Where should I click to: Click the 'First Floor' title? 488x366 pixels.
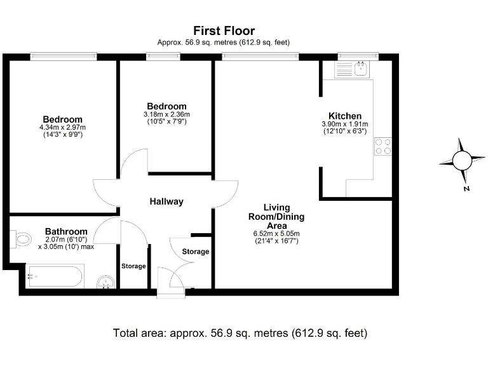click(x=224, y=30)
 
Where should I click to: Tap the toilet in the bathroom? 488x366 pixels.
click(x=21, y=240)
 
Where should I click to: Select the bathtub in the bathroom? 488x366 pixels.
click(x=55, y=276)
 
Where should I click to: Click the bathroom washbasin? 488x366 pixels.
click(x=106, y=282)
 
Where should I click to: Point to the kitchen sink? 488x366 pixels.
click(x=361, y=69)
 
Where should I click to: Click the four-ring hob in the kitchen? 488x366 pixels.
click(x=383, y=147)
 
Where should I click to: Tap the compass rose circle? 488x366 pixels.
click(x=462, y=161)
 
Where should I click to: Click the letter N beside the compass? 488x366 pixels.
click(x=466, y=189)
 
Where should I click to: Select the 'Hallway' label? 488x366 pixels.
click(x=166, y=201)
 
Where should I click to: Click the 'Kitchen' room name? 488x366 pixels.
click(x=345, y=116)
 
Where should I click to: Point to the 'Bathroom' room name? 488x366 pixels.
click(x=66, y=231)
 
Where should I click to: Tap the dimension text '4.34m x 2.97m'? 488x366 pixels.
click(x=62, y=127)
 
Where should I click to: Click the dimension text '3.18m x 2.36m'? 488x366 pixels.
click(x=167, y=114)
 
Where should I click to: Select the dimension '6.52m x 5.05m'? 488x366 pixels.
click(x=276, y=234)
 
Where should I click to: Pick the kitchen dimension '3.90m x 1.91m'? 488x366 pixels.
click(x=345, y=124)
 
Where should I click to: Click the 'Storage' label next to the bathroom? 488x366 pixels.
click(x=133, y=266)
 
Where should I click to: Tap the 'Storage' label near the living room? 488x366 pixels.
click(x=196, y=252)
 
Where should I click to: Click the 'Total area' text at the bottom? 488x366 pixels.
click(x=240, y=333)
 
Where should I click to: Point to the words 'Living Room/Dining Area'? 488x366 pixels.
click(x=276, y=217)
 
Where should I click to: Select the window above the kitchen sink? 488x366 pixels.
click(x=358, y=57)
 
